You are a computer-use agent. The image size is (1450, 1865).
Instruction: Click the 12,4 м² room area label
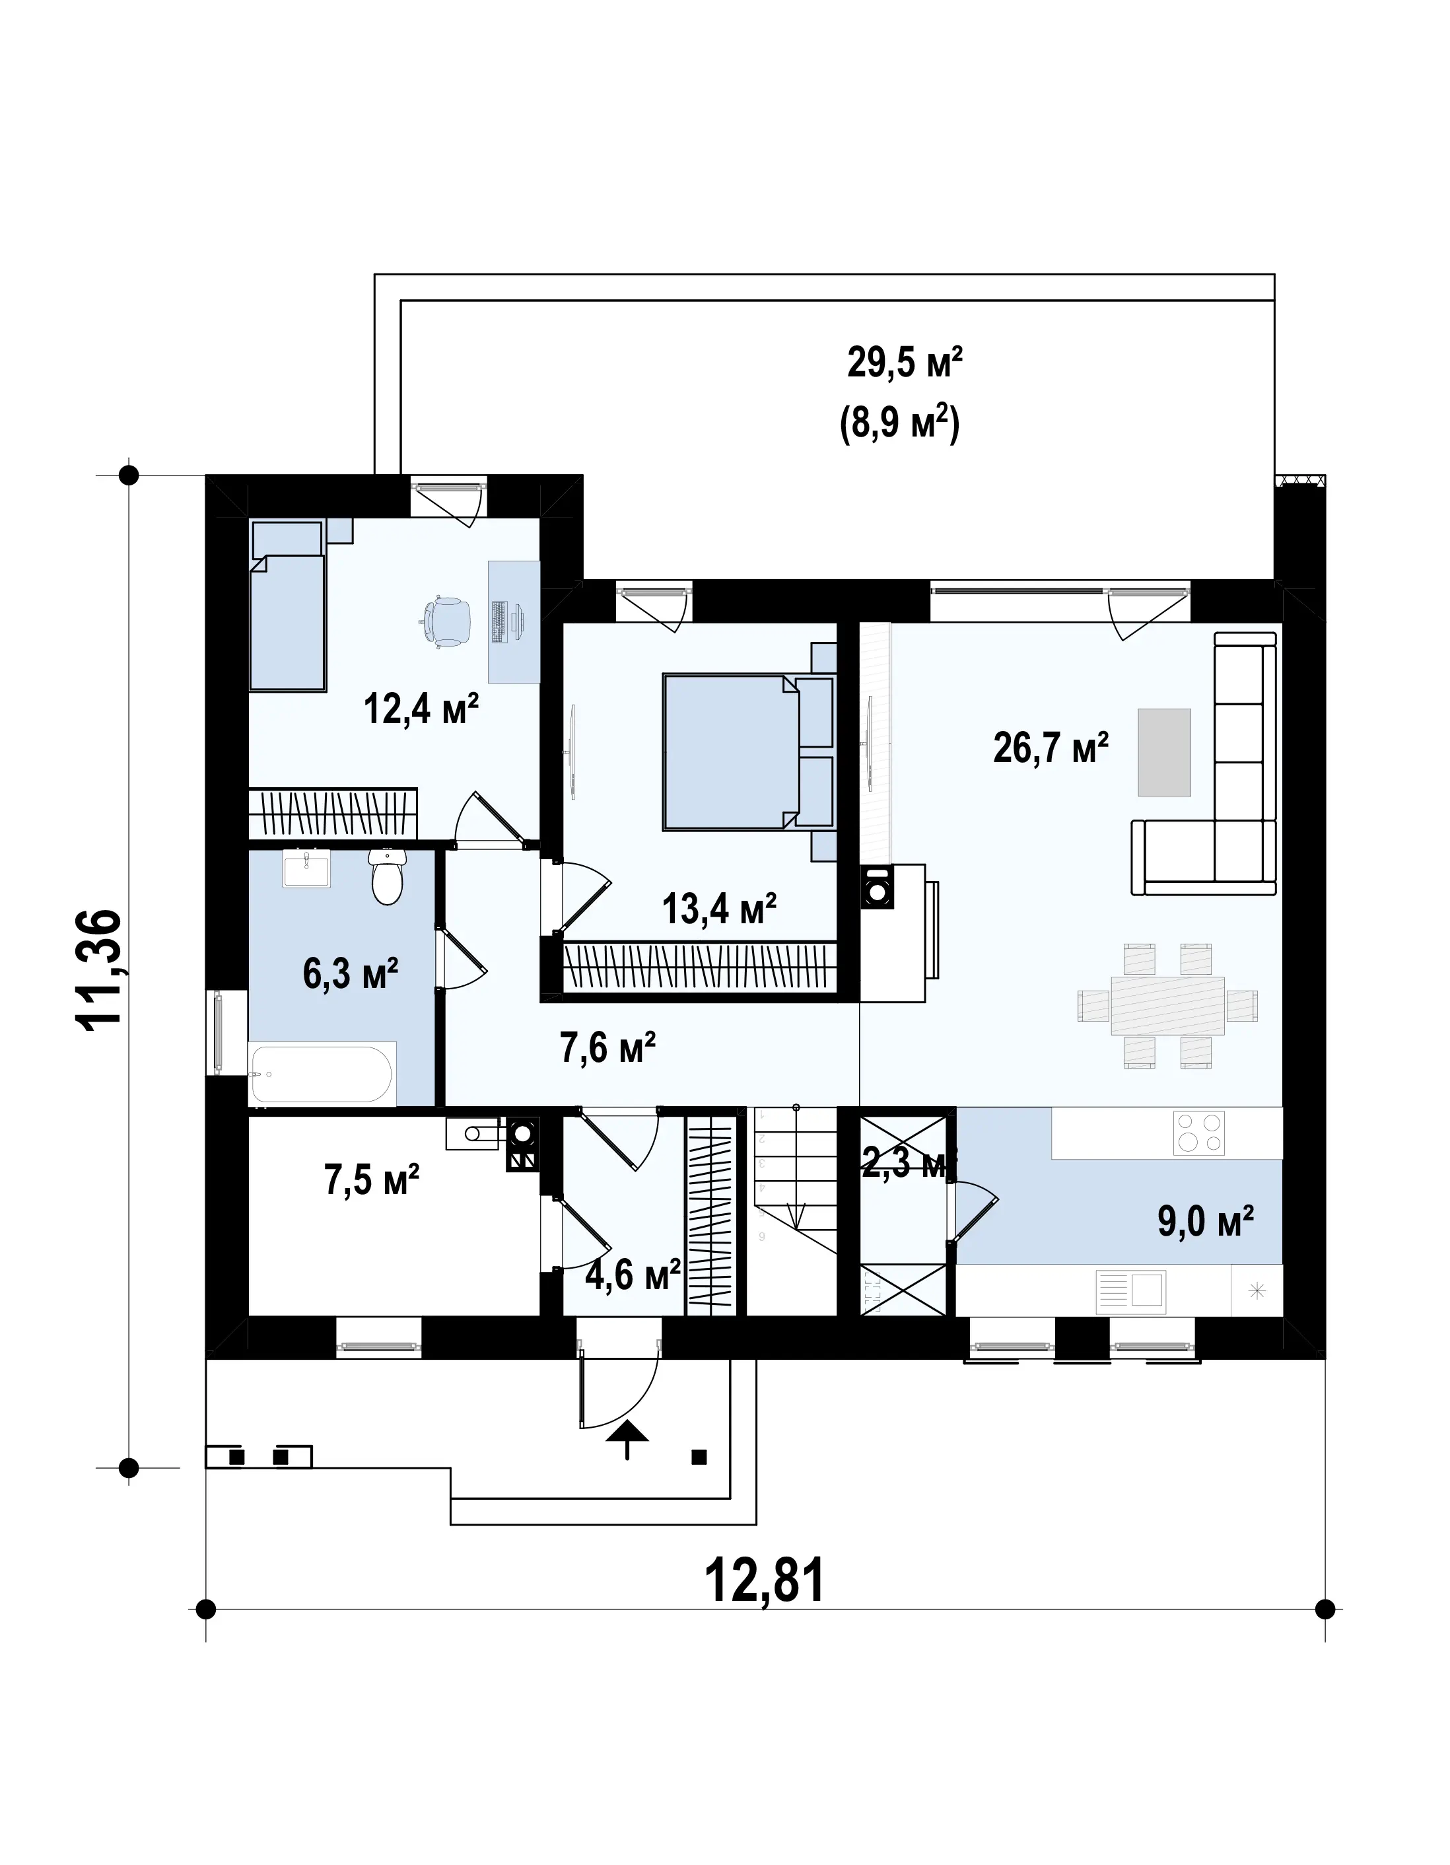pos(421,709)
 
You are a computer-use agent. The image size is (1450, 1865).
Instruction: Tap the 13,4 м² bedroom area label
pos(719,909)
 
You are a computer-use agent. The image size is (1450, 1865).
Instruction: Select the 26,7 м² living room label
pos(1051,748)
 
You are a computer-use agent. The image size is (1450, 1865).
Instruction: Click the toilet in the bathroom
pos(387,877)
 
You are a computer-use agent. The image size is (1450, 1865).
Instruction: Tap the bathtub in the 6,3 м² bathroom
pos(321,1074)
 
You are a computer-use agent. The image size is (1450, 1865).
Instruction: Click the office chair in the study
pos(445,621)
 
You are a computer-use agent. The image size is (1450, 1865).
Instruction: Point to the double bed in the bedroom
pos(748,752)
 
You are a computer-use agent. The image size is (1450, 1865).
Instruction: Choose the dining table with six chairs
pos(1167,1005)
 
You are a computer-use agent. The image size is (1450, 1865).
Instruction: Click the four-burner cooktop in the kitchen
pos(1199,1133)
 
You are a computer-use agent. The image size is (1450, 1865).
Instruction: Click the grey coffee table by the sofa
pos(1165,752)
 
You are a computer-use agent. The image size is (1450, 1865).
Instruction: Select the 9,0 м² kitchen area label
pos(1205,1221)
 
